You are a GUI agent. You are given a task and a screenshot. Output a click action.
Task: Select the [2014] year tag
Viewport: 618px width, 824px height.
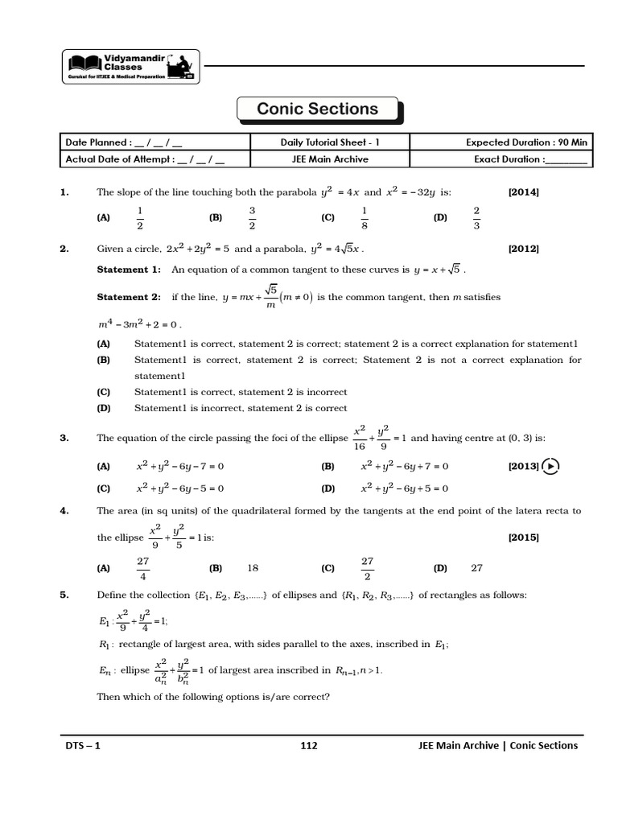pyautogui.click(x=523, y=192)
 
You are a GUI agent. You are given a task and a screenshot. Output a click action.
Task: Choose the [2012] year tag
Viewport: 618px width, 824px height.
pyautogui.click(x=523, y=249)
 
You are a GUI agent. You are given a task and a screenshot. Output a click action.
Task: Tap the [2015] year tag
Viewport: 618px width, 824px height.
pyautogui.click(x=523, y=538)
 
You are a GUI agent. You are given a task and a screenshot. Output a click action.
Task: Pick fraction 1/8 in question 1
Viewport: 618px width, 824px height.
pyautogui.click(x=365, y=217)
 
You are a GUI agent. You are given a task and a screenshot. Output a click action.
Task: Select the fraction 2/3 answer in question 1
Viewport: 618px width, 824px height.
pyautogui.click(x=476, y=217)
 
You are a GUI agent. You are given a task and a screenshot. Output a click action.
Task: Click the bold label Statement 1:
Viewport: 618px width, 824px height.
pyautogui.click(x=129, y=270)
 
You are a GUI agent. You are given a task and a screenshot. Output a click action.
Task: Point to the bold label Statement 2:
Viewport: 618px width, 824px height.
pyautogui.click(x=129, y=297)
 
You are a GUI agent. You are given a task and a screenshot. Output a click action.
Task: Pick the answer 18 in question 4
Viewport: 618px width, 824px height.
pyautogui.click(x=253, y=567)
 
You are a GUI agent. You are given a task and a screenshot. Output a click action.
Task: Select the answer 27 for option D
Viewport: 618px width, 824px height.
pyautogui.click(x=476, y=567)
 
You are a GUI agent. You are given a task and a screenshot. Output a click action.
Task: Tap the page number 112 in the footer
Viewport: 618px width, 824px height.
pyautogui.click(x=309, y=745)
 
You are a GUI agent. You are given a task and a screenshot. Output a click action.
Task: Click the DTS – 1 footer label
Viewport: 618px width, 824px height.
pyautogui.click(x=83, y=745)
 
